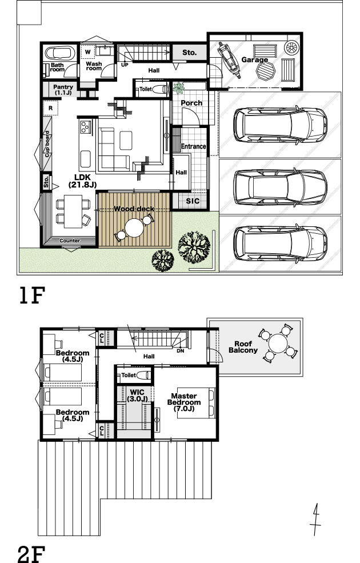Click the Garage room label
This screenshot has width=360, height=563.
pyautogui.click(x=254, y=59)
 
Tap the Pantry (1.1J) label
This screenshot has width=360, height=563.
pyautogui.click(x=63, y=90)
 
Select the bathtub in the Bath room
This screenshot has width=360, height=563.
pyautogui.click(x=60, y=53)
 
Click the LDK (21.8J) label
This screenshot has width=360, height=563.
pyautogui.click(x=82, y=181)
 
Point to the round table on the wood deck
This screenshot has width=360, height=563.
pyautogui.click(x=135, y=227)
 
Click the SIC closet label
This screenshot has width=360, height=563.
pyautogui.click(x=193, y=201)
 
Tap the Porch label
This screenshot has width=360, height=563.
pyautogui.click(x=191, y=103)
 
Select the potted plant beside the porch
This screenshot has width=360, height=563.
pyautogui.click(x=178, y=87)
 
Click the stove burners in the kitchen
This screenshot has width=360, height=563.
pyautogui.click(x=85, y=126)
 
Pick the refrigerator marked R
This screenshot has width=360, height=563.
pyautogui.click(x=51, y=108)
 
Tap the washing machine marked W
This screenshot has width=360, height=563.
pyautogui.click(x=87, y=52)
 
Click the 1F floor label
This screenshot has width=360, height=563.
pyautogui.click(x=32, y=296)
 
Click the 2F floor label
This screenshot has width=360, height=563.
pyautogui.click(x=31, y=554)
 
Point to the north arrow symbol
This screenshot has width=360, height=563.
pyautogui.click(x=315, y=519)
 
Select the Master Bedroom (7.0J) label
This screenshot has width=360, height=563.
pyautogui.click(x=184, y=402)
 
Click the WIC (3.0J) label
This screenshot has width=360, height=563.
pyautogui.click(x=137, y=396)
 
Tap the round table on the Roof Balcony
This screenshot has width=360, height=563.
pyautogui.click(x=278, y=344)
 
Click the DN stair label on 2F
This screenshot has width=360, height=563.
pyautogui.click(x=180, y=351)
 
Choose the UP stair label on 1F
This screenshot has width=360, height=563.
pyautogui.click(x=125, y=65)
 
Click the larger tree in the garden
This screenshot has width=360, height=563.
pyautogui.click(x=194, y=247)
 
